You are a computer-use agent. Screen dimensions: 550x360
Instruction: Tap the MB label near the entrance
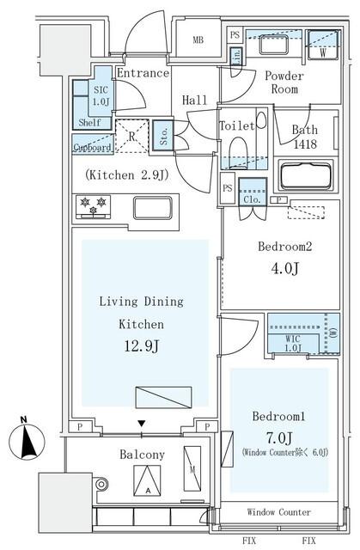click(x=198, y=40)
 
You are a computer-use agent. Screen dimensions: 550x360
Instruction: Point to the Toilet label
click(x=236, y=126)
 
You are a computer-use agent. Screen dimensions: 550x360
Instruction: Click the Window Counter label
click(x=279, y=512)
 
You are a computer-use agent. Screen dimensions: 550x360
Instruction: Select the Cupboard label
click(x=92, y=147)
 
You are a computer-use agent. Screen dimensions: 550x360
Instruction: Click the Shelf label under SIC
click(x=88, y=122)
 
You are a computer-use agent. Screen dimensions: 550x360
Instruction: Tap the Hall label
click(x=195, y=101)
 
